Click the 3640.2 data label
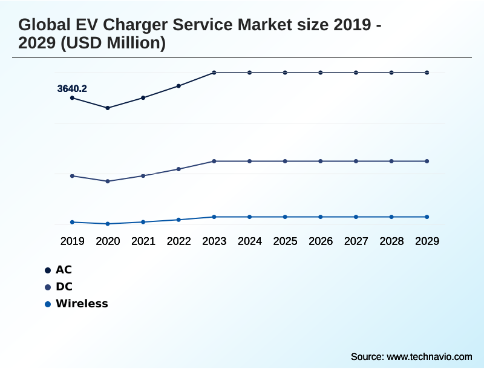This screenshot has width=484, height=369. coord(72,89)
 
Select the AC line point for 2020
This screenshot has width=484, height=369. coord(108,108)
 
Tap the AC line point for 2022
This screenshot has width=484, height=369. coord(178,86)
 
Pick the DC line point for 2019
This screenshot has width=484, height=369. coord(72,176)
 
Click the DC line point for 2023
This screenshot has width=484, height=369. coord(214,162)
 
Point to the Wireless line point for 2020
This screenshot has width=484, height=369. coord(108,224)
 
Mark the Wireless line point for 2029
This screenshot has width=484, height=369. coord(427,217)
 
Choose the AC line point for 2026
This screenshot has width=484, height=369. coord(321,73)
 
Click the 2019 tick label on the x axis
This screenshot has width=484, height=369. coord(72,241)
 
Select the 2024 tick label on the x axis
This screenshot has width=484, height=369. coord(249,241)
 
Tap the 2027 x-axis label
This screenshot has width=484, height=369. coord(356,241)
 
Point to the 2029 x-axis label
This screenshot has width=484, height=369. coord(427,241)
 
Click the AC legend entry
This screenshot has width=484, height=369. coord(64,270)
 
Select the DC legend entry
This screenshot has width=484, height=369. coord(64,287)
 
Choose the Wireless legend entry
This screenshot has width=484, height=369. coord(81,304)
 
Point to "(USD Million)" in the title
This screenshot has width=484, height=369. coord(114,44)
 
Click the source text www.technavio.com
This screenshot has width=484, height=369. coord(429,356)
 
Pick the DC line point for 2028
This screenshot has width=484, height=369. coord(391,162)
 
